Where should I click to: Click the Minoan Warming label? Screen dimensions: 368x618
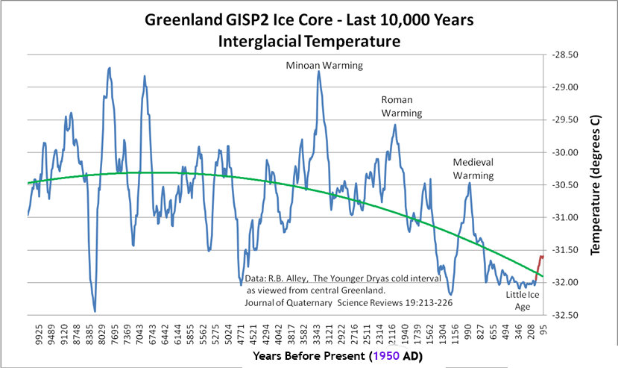324,65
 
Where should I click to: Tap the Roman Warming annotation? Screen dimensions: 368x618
402,106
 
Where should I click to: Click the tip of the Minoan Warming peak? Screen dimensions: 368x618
319,72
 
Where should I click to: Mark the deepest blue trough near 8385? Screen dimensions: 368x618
95,311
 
